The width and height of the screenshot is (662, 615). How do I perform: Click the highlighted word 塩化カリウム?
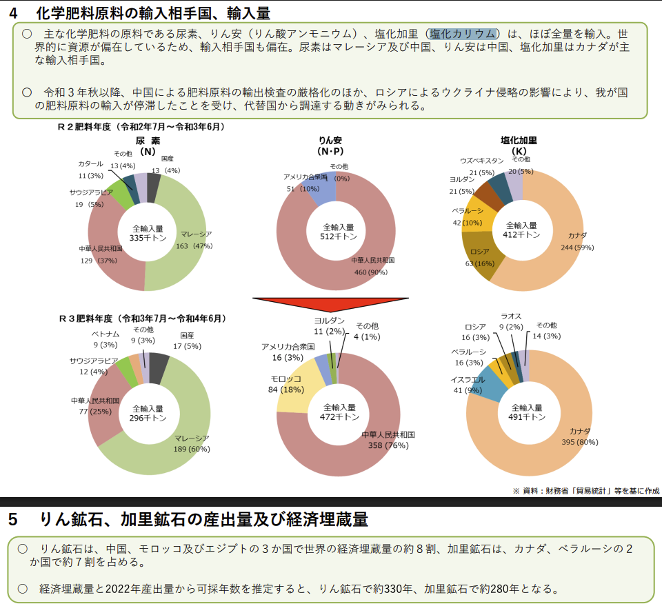click(463, 34)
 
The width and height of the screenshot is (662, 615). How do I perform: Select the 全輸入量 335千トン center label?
click(148, 233)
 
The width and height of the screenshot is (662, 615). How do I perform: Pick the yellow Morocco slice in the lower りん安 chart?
click(303, 386)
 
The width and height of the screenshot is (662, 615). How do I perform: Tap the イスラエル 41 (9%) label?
click(467, 385)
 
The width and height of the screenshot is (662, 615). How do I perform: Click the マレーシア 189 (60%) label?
click(192, 443)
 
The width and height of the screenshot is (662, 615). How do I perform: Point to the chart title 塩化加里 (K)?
click(519, 145)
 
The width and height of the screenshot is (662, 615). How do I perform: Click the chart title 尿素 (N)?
click(148, 145)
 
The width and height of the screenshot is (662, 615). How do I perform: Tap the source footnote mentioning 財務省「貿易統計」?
click(585, 491)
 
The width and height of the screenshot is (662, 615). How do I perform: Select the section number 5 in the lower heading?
click(13, 519)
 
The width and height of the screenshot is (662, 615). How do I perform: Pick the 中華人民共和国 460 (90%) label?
click(372, 266)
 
